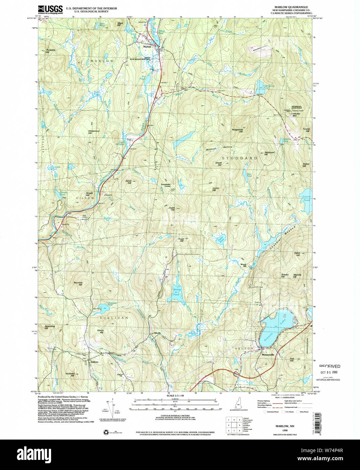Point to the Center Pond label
point(306,198)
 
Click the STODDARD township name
point(240,158)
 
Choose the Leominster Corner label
point(165,185)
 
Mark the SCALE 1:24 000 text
point(175,395)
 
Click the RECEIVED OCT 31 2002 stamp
point(330,369)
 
